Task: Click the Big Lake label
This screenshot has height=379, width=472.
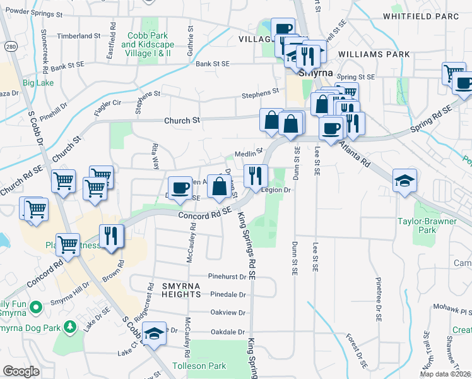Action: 38,82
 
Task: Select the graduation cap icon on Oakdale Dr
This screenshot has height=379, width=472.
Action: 154,332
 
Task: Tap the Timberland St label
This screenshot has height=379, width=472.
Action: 75,37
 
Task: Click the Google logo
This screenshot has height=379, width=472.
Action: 21,371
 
